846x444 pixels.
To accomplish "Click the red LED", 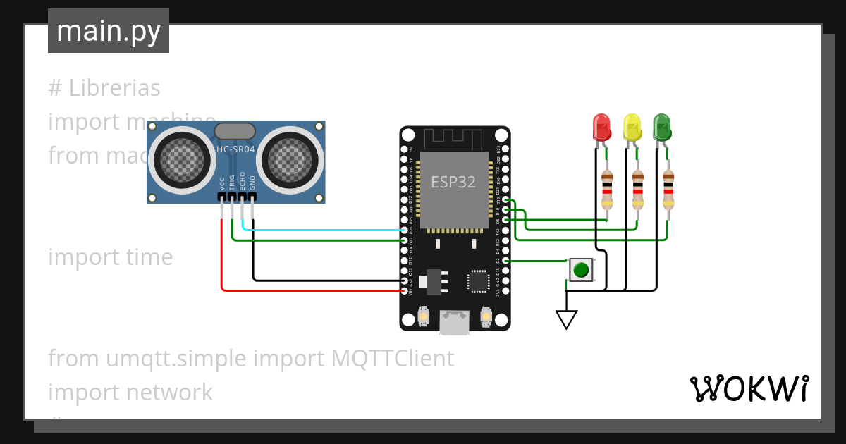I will pyautogui.click(x=601, y=128).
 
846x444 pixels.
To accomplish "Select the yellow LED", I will pyautogui.click(x=632, y=128).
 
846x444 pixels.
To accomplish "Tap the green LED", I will pyautogui.click(x=662, y=128).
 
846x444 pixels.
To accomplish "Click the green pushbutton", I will pyautogui.click(x=581, y=270).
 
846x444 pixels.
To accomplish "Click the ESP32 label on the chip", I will pyautogui.click(x=453, y=182).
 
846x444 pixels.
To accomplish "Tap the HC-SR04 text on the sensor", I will pyautogui.click(x=235, y=149).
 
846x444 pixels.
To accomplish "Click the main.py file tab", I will pyautogui.click(x=109, y=31).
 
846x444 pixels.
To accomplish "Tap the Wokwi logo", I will pyautogui.click(x=749, y=388).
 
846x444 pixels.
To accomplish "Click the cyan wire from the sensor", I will pyautogui.click(x=324, y=230).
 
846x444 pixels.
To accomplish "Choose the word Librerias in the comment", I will pyautogui.click(x=114, y=88).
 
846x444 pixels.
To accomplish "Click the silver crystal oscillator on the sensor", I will pyautogui.click(x=234, y=130).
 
